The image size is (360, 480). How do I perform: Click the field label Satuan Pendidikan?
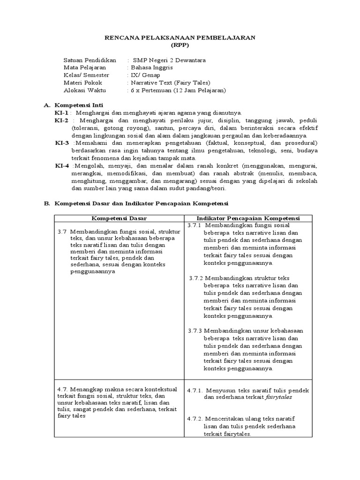pos(90,60)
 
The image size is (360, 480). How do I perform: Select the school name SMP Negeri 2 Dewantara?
pos(169,60)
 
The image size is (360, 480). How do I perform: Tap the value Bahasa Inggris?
pos(153,67)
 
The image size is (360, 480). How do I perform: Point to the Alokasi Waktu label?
pos(85,90)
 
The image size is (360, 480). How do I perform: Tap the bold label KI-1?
pos(62,113)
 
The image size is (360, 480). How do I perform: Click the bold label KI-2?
pos(62,120)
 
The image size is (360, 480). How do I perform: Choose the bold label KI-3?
pos(62,142)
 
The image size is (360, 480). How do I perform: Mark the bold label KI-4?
pos(62,165)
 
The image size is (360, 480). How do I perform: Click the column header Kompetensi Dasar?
pos(119,218)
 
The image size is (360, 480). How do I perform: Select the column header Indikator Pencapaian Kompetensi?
pos(248,218)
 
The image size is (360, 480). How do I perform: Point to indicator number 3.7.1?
pos(194,225)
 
